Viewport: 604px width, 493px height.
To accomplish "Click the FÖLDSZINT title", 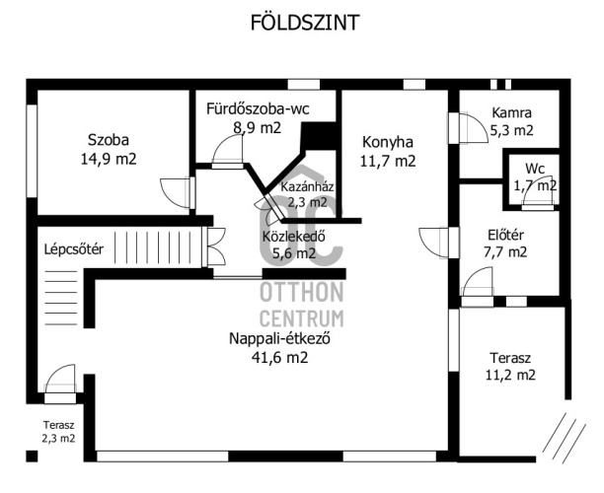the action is [305, 23].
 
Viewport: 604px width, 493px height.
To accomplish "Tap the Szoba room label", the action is [109, 140].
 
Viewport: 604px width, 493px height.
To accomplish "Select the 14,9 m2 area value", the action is [109, 159].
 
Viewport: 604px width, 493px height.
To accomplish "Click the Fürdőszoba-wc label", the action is [258, 108].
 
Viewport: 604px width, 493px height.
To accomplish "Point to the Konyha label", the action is [388, 142].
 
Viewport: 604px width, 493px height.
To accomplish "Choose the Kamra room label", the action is [512, 112].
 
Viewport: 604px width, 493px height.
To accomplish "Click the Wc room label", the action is [535, 169].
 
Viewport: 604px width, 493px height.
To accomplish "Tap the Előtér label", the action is [505, 235].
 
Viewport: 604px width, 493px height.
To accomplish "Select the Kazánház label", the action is [307, 187].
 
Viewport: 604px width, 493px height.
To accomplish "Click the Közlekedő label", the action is [293, 236].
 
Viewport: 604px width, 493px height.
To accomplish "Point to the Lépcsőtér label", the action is [74, 249].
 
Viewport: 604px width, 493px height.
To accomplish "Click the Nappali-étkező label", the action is [279, 339].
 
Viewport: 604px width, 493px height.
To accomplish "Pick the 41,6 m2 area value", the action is [279, 358].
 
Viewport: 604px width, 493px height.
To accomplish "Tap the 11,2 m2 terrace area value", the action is [510, 375].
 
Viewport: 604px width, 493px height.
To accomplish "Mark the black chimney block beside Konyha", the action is [319, 136].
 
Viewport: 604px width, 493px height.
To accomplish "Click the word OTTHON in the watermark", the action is [302, 292].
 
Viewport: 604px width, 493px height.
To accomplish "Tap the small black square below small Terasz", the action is [32, 457].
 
